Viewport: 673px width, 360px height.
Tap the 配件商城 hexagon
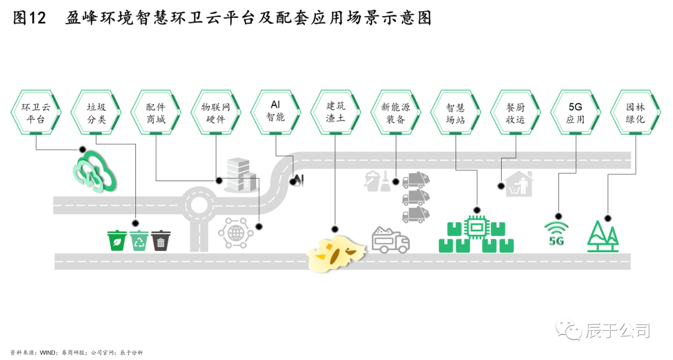click(x=156, y=113)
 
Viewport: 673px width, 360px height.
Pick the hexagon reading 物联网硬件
click(x=216, y=113)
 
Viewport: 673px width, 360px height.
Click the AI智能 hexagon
click(x=275, y=111)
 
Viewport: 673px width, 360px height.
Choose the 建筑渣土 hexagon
click(x=335, y=113)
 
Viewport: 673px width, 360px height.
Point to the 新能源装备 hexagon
click(x=395, y=113)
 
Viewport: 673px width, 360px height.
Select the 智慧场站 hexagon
click(x=456, y=113)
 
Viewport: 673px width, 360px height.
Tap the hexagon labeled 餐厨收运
click(x=515, y=113)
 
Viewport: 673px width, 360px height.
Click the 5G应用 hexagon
click(x=575, y=113)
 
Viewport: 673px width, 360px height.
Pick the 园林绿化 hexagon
click(x=635, y=113)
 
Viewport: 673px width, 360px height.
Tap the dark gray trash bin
click(x=161, y=240)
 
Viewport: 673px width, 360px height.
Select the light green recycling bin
click(x=139, y=240)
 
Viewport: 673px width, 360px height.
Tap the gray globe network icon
click(x=236, y=234)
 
